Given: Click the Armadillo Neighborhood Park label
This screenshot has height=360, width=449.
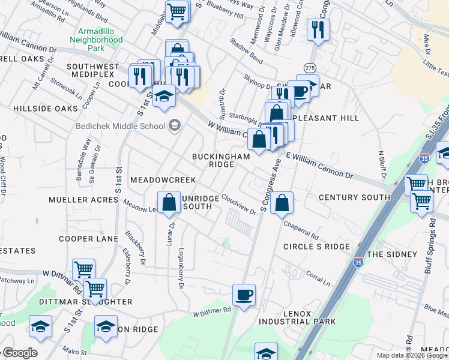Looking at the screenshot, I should (100, 40).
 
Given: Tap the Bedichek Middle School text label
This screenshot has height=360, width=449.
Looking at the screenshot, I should (120, 126).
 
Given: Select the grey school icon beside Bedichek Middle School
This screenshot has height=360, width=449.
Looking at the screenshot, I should (175, 125).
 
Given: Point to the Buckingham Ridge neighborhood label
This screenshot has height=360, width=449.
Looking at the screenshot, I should (220, 160).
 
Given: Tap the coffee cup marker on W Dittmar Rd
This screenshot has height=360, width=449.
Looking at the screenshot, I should (244, 295).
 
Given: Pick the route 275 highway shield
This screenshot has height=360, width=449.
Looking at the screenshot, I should (310, 67).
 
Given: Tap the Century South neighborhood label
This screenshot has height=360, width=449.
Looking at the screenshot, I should (354, 197).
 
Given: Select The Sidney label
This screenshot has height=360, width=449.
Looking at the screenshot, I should (391, 254).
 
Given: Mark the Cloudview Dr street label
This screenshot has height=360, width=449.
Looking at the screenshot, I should (238, 204).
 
